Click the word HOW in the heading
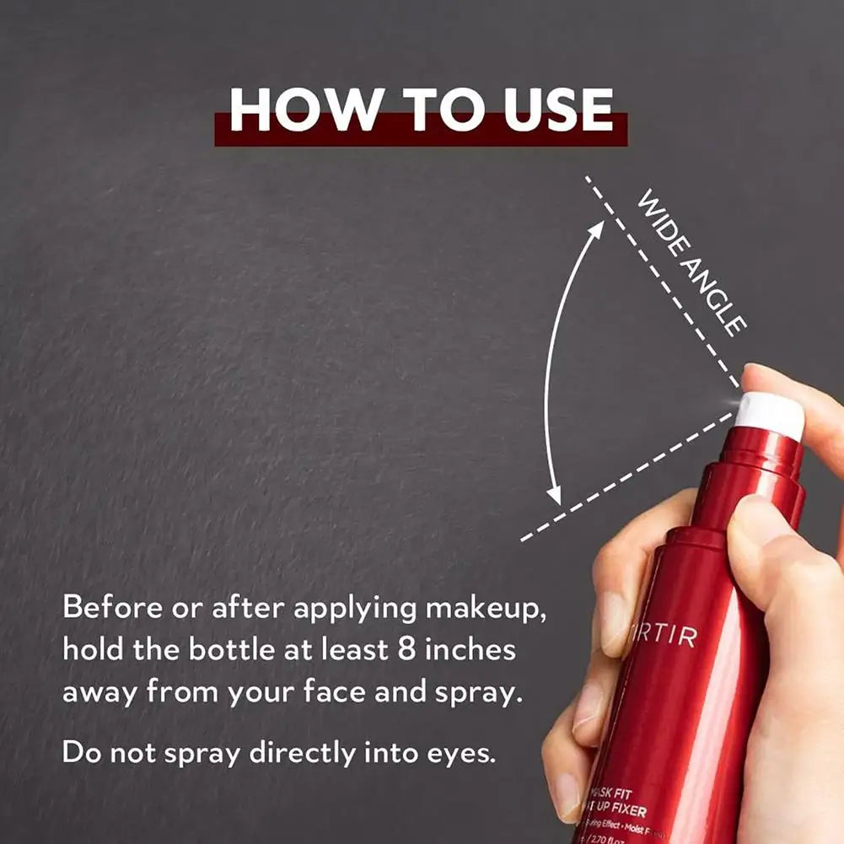pos(291,110)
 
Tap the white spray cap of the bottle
pos(769,411)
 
